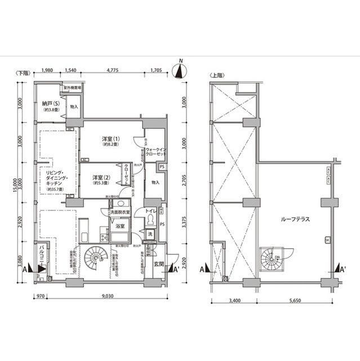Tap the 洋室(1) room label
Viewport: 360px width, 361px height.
point(110,139)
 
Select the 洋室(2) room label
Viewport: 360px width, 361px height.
point(102,178)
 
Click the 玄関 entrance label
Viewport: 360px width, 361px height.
point(158,264)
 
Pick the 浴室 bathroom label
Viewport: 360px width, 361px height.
point(119,226)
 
